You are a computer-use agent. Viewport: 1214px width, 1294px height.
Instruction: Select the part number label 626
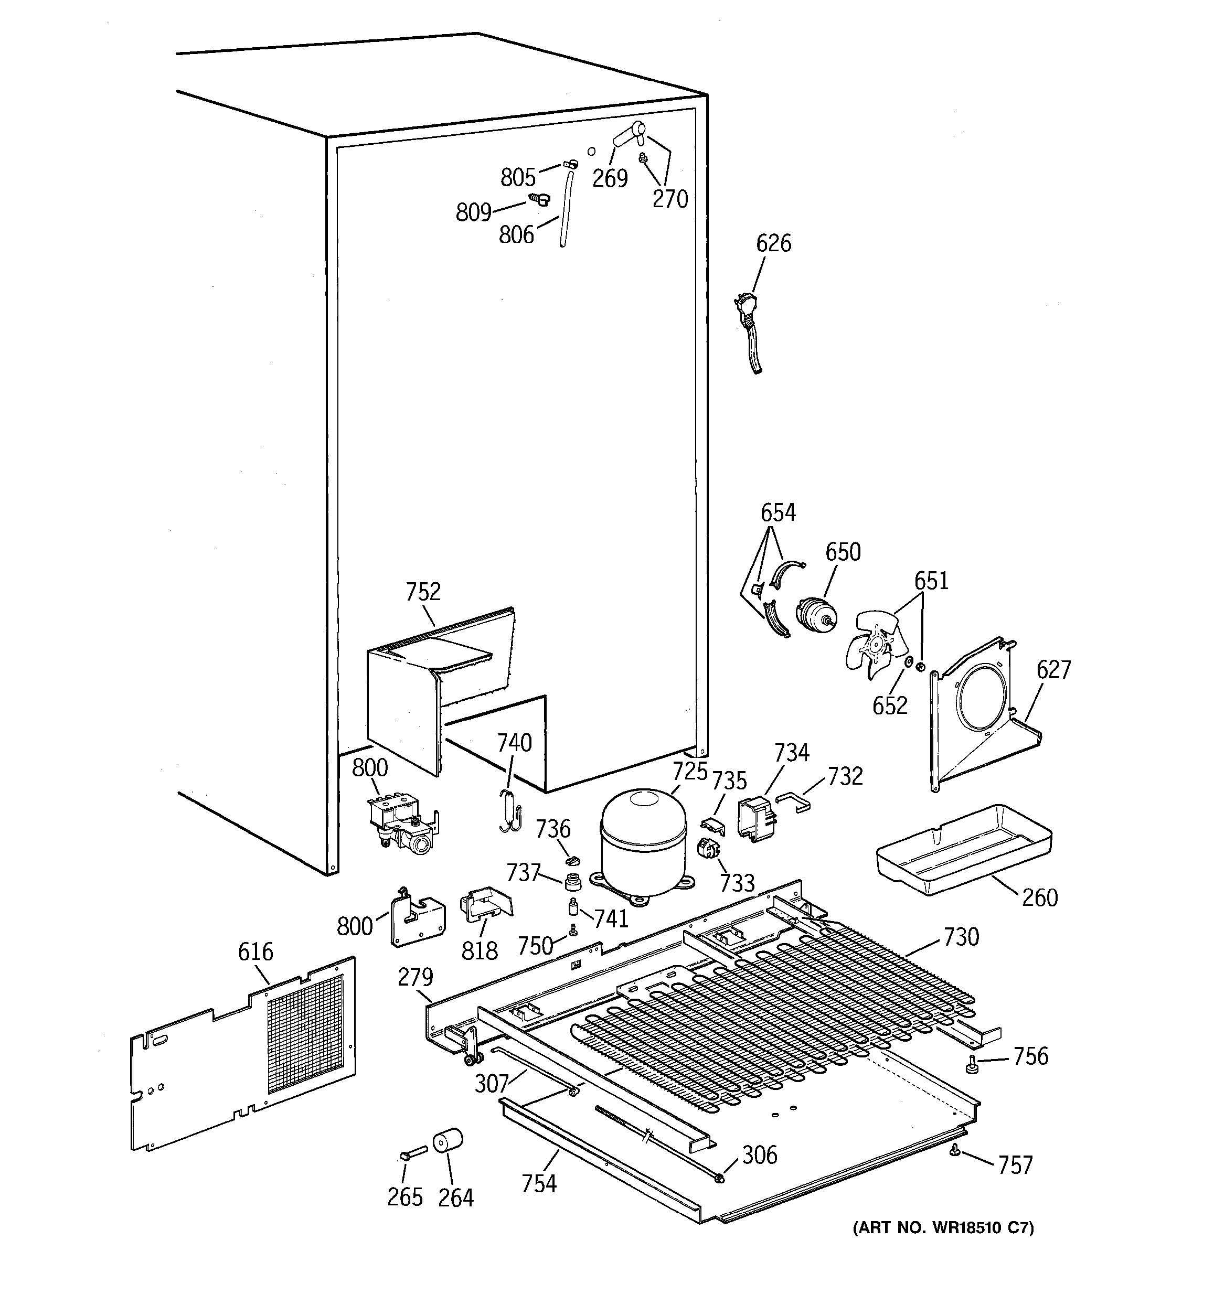coord(773,243)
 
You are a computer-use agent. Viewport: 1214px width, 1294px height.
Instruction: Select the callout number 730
coord(961,937)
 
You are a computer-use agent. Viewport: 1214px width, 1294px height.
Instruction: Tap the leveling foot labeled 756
coord(971,1065)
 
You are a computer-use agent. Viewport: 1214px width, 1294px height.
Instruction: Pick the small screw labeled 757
coord(954,1151)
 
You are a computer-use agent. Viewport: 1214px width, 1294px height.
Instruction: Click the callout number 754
coord(539,1183)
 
